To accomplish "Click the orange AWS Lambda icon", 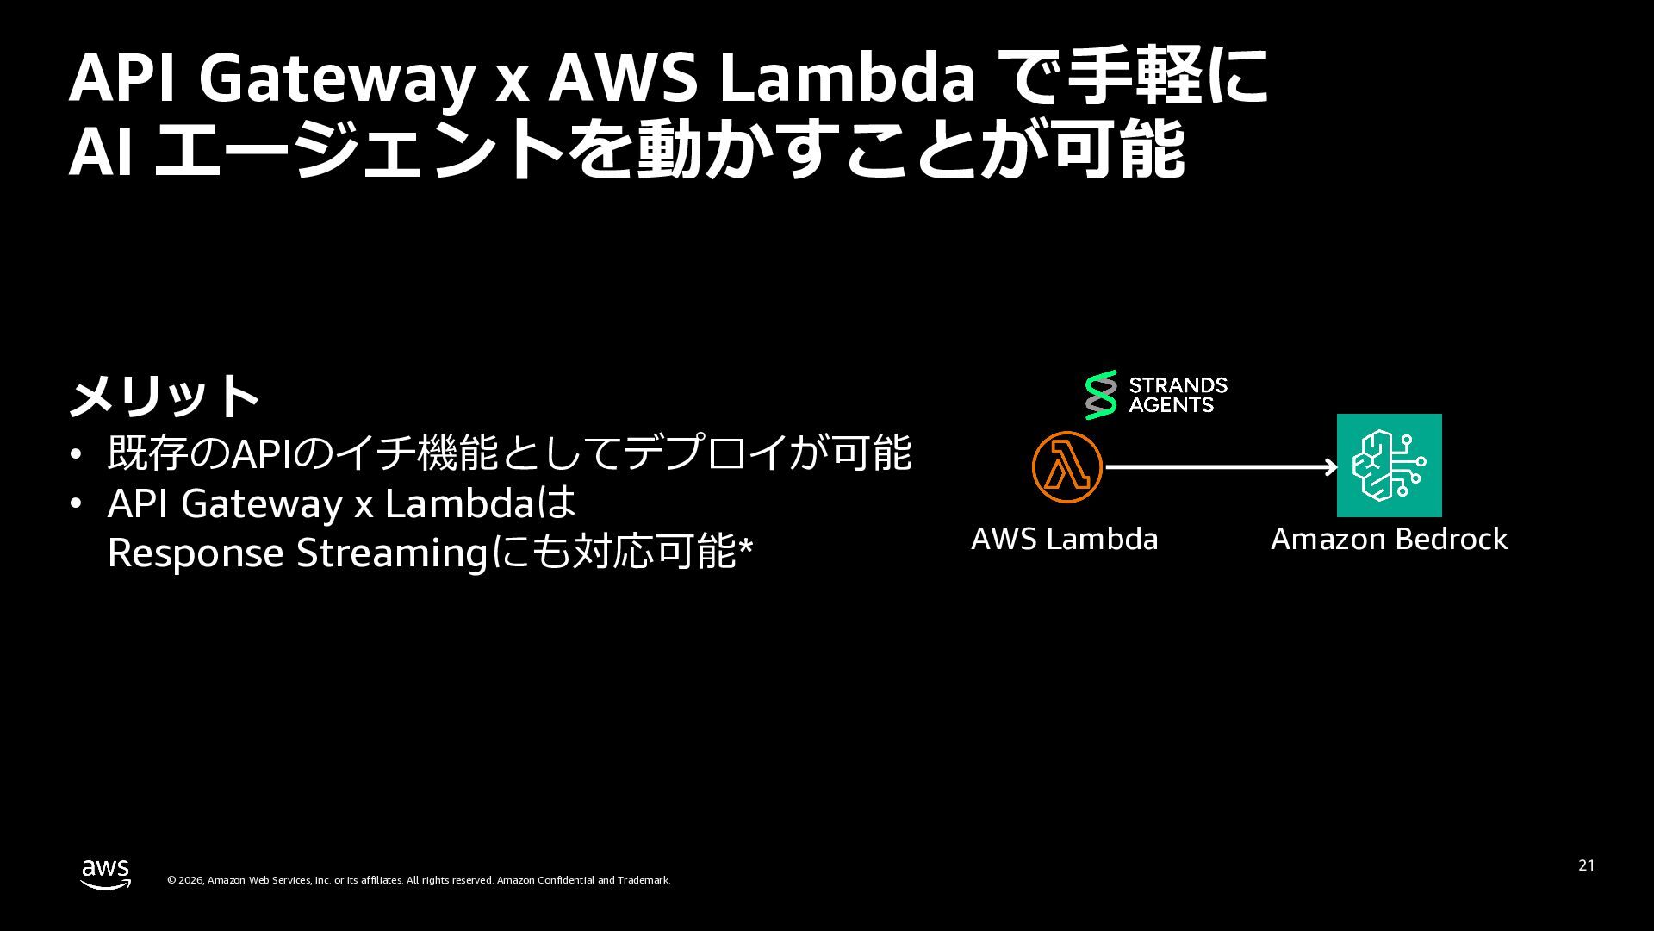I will pos(1066,466).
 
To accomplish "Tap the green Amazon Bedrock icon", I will pos(1389,465).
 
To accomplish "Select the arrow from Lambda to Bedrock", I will pos(1221,467).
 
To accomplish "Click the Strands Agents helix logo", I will pos(1100,395).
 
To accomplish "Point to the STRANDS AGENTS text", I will pos(1178,395).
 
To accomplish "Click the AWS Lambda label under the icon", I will pos(1064,539).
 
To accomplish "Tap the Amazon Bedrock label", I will pos(1389,539).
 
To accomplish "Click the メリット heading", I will pos(164,396).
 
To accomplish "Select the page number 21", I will pos(1586,865).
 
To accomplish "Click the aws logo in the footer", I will pos(106,873).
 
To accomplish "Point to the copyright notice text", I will pos(418,880).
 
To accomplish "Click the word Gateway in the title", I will pos(336,79).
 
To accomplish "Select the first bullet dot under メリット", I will pos(77,454).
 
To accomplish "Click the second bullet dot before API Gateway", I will pos(77,503).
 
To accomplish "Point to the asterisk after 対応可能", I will pos(746,546).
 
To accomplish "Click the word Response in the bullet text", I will pos(196,553).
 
